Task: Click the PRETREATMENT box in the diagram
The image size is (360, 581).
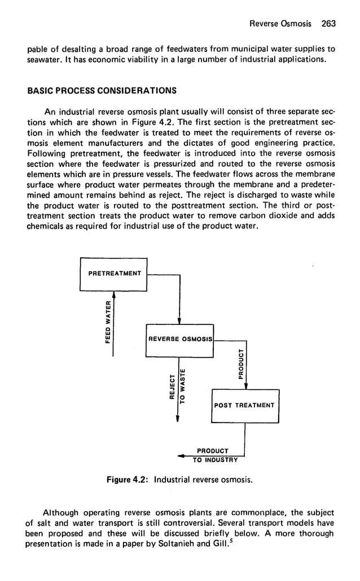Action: (114, 274)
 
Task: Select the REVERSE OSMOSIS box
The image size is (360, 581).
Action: (179, 338)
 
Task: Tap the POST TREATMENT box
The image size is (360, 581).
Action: (244, 405)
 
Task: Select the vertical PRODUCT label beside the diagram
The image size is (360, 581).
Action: (241, 364)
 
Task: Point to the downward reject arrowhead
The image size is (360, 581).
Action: (178, 418)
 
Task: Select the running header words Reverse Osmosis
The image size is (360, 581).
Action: (280, 24)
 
